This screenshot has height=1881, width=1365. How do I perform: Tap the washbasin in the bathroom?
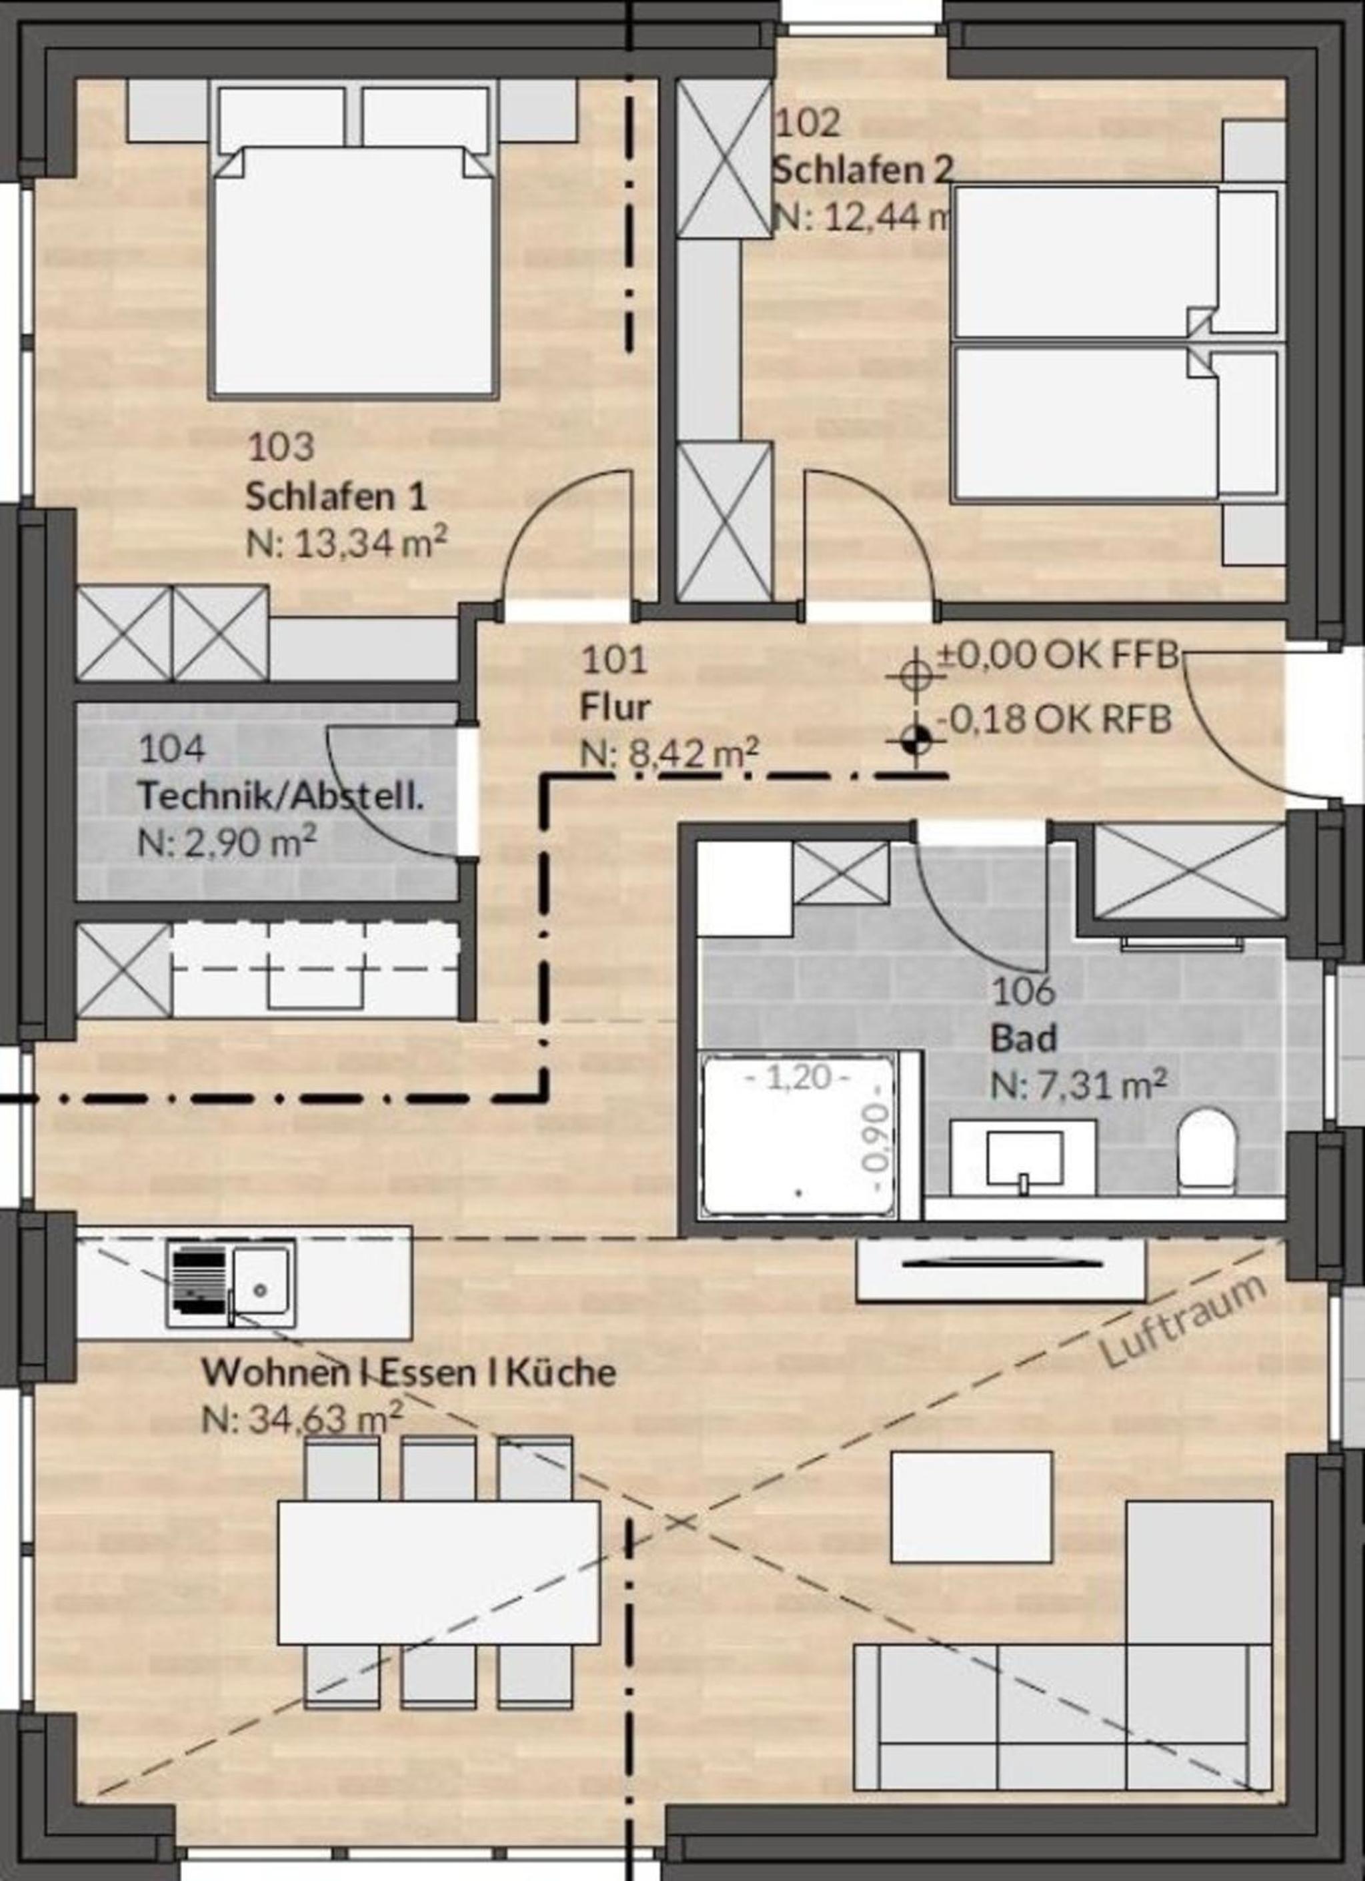tap(1024, 1158)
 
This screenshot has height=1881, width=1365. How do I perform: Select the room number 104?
tap(171, 749)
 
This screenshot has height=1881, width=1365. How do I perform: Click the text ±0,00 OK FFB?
tap(1059, 655)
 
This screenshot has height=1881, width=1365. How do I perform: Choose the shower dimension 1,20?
tap(797, 1077)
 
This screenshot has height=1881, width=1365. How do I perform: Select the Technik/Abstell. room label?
tap(281, 795)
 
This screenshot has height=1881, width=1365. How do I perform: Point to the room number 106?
tap(1024, 991)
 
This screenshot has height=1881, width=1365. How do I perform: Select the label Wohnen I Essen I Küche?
tap(409, 1372)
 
